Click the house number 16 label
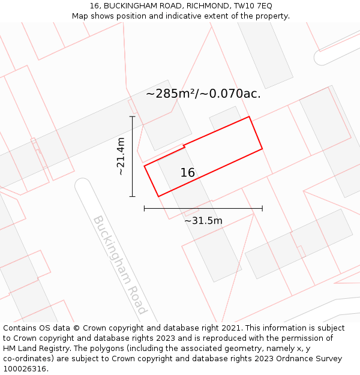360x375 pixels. point(188,173)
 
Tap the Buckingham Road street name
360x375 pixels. point(119,265)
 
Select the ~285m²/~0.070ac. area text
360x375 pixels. point(203,94)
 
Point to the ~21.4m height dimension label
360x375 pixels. point(121,156)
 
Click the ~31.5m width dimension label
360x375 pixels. point(203,221)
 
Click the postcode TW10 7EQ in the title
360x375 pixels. point(251,5)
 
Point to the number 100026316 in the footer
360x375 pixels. point(25,369)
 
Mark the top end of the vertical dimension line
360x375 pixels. point(132,116)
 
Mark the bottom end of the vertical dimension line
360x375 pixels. point(132,196)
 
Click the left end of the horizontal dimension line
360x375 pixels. point(145,209)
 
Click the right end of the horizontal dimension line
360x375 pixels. point(262,209)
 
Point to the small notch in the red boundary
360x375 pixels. point(184,146)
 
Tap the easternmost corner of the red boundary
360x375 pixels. point(262,148)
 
